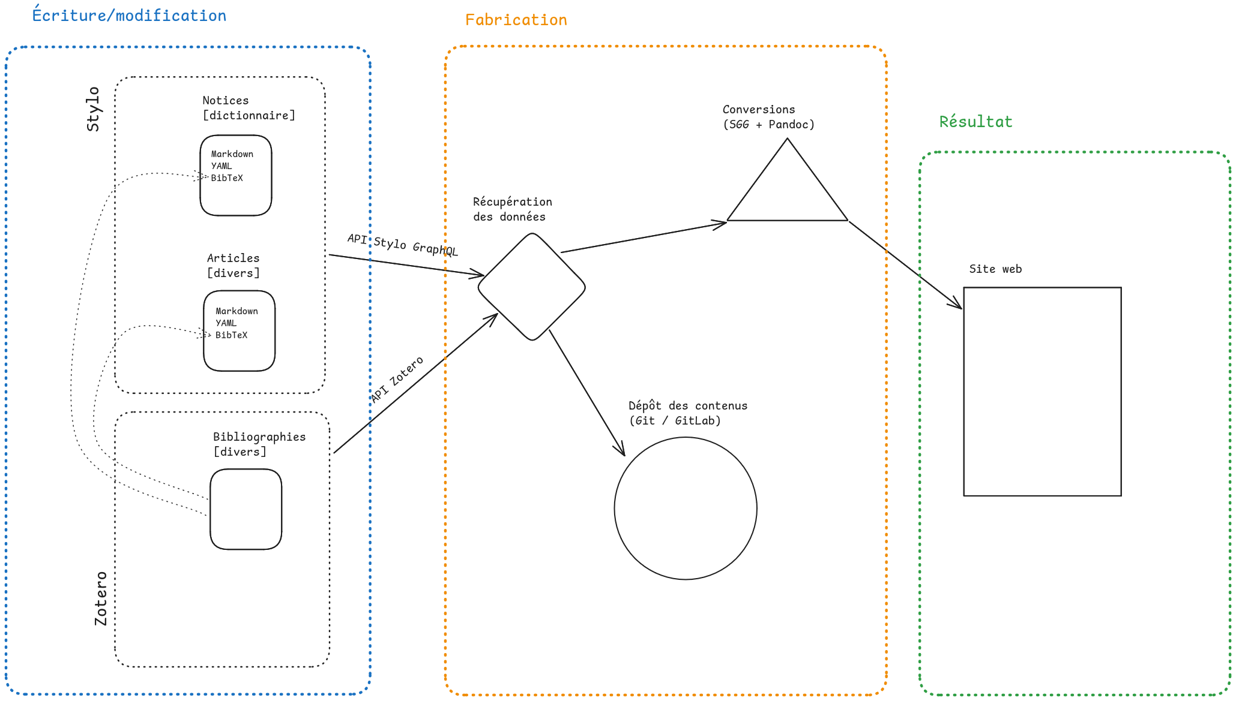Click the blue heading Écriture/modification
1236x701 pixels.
point(129,16)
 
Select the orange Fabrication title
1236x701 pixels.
point(516,20)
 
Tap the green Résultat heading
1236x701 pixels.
point(975,122)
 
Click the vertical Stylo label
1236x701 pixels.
point(93,109)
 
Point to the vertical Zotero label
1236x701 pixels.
point(101,598)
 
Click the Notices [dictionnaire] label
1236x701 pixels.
point(248,108)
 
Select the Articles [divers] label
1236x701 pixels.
point(233,266)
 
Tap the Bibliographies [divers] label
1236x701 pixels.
point(259,444)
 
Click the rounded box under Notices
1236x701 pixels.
point(236,175)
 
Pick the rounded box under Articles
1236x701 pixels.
point(239,331)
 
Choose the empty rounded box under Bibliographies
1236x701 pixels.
point(246,509)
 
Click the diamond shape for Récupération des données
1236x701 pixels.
point(531,287)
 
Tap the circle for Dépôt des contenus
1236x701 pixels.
point(685,509)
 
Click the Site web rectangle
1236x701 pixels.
point(1042,392)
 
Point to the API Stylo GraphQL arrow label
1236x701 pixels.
point(402,245)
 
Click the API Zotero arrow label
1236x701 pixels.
point(397,379)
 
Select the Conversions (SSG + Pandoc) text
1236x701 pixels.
point(768,117)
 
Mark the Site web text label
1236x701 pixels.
point(995,269)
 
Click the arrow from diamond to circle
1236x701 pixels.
point(586,393)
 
